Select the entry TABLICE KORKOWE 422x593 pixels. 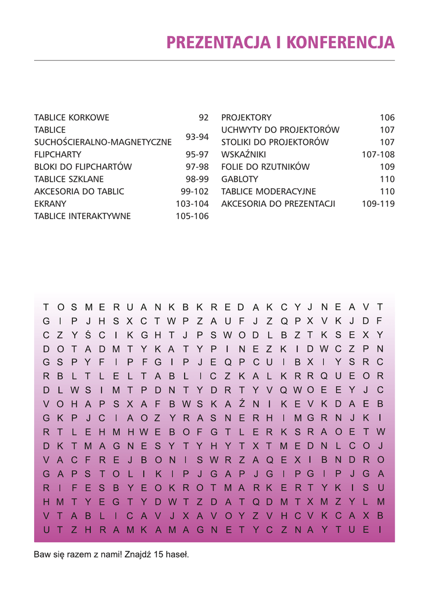tap(72, 118)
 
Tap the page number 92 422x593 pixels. tap(203, 118)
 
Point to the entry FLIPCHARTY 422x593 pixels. tap(58, 155)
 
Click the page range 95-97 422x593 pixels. tap(197, 155)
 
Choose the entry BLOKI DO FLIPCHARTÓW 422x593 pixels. tap(83, 167)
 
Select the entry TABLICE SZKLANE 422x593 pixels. tap(69, 179)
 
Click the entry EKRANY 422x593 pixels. tap(50, 204)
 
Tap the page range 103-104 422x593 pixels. tap(192, 204)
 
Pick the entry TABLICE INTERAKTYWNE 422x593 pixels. tap(83, 216)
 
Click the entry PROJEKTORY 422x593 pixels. tap(246, 118)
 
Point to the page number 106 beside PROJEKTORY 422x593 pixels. tap(387, 118)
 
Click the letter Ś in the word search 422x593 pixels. tap(88, 335)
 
